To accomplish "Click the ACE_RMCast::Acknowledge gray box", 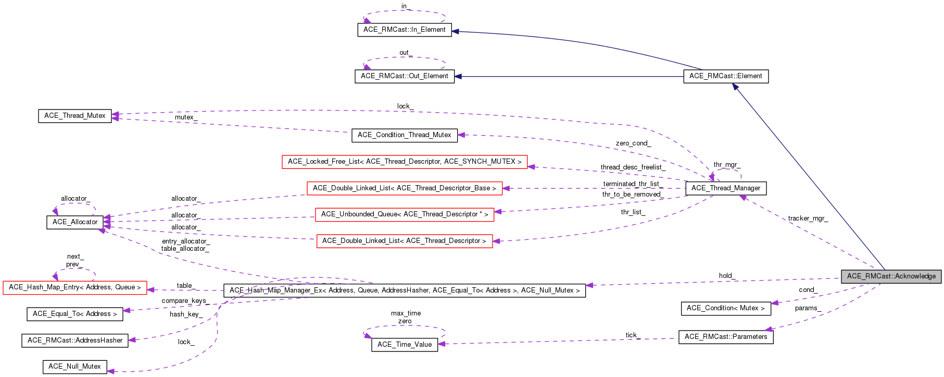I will [891, 276].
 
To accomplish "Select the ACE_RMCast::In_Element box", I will [404, 30].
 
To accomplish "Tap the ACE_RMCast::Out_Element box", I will [404, 76].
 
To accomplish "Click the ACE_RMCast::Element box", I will [725, 76].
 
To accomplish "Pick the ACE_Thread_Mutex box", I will [74, 116].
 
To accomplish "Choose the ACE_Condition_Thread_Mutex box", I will [404, 135].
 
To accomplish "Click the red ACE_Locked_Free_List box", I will [404, 162].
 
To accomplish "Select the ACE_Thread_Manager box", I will [725, 188].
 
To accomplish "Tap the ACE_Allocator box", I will [74, 222].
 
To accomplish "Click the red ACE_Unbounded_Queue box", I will [404, 214].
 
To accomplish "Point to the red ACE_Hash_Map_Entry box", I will [74, 287].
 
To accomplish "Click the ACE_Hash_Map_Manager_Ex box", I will [404, 290].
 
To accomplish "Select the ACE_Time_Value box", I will [404, 345].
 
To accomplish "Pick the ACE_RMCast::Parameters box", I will [725, 337].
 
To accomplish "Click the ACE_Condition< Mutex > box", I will [725, 308].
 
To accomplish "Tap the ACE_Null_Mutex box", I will [74, 367].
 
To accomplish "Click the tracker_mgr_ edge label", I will [807, 218].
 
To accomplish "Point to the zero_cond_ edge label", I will [633, 143].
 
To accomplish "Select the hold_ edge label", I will [726, 276].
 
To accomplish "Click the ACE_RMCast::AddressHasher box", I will [74, 340].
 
